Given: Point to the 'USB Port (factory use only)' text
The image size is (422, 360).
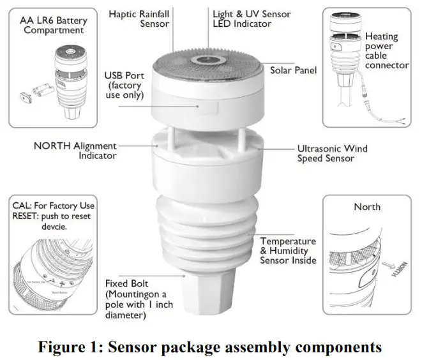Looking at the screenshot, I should [124, 86].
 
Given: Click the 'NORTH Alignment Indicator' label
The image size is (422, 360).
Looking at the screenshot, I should [75, 151].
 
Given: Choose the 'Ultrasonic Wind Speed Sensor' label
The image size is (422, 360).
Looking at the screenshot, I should [332, 153].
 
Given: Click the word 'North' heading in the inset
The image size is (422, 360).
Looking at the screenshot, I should [367, 207].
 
